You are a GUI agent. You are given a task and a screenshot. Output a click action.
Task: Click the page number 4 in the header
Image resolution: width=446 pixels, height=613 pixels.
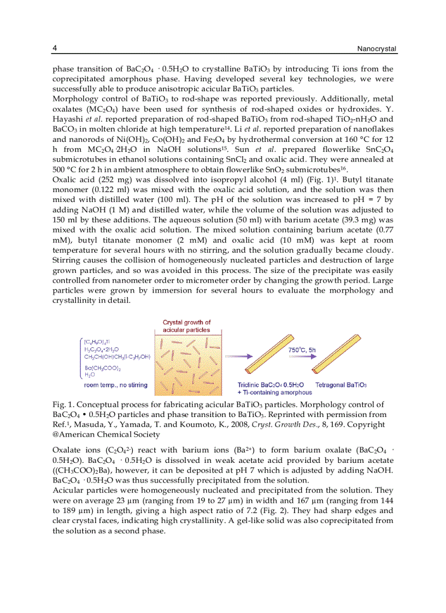click(x=55, y=49)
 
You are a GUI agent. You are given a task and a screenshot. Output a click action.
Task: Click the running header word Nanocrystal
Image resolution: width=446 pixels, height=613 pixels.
click(x=377, y=49)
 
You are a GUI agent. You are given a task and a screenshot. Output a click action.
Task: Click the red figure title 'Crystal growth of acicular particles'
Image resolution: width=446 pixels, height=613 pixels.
click(x=186, y=326)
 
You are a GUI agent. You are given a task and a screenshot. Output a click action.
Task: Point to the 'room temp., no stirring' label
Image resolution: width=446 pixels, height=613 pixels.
click(x=115, y=385)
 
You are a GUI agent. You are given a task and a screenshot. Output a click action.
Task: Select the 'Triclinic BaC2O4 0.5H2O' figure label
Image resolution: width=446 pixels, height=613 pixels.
click(x=271, y=385)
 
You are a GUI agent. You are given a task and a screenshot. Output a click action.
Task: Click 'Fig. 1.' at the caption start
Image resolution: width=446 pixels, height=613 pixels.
click(x=63, y=405)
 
